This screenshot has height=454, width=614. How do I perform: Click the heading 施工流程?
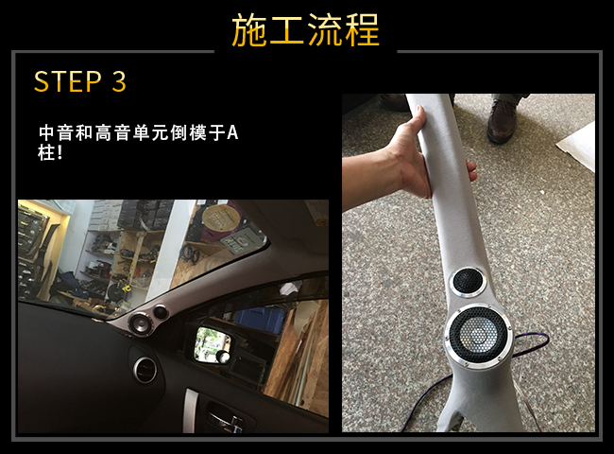point(305,30)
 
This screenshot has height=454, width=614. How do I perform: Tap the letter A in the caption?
point(232,133)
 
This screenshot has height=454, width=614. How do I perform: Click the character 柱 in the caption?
point(46,152)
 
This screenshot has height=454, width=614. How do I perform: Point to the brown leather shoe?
point(503,120)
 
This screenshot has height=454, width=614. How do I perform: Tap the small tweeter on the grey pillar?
point(468,282)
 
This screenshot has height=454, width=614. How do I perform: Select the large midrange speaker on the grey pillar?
point(478,336)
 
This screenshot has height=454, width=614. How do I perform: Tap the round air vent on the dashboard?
point(145,370)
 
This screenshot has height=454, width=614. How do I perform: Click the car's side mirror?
point(212,344)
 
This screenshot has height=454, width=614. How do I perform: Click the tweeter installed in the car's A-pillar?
point(162,312)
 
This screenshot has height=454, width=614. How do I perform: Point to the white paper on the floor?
point(576,146)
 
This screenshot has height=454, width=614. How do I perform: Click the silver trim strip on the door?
point(190,410)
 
